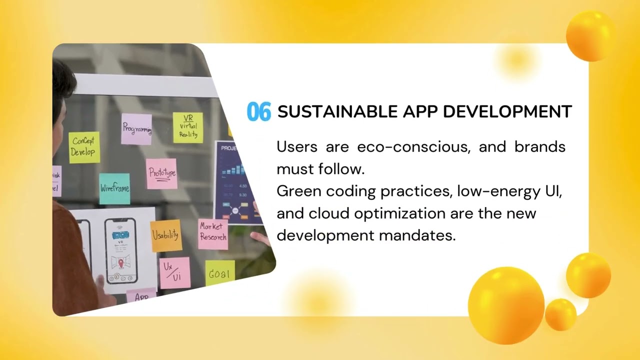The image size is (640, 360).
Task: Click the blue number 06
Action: [258, 111]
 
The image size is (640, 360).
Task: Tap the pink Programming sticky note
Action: [136, 129]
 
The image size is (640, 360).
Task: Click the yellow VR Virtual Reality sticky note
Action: [188, 127]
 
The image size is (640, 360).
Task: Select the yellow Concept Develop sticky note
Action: [83, 147]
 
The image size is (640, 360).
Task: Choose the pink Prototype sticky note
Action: [161, 173]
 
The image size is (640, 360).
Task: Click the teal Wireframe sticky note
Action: [114, 188]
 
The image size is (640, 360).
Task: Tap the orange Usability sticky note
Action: [165, 235]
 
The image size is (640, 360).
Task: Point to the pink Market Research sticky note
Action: [213, 233]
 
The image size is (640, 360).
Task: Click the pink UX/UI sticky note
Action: [174, 272]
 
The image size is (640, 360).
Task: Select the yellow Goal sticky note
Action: [219, 273]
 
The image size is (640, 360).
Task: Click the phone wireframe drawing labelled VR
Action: [120, 250]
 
